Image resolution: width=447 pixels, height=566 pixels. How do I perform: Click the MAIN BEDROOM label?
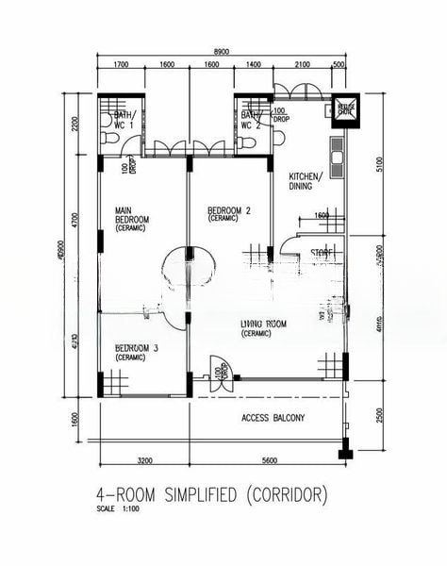tap(132, 218)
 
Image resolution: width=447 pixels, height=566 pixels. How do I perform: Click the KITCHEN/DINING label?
tap(306, 181)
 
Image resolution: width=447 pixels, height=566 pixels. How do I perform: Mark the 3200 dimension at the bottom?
tap(143, 462)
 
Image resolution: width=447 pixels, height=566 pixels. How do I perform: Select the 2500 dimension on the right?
tap(378, 416)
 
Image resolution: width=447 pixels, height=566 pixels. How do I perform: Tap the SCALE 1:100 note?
tap(118, 509)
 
